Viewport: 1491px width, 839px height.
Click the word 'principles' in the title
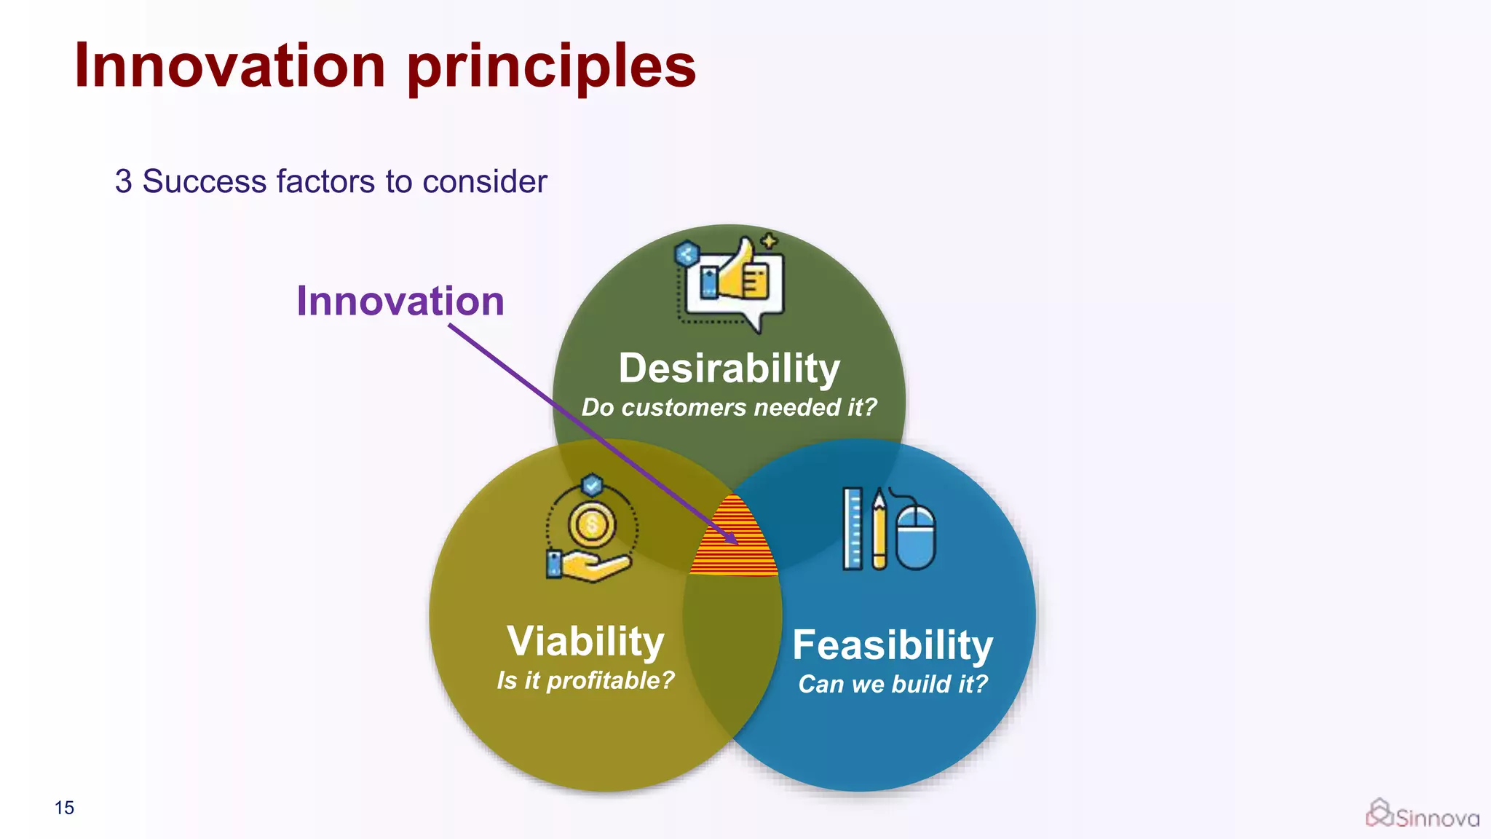coord(551,67)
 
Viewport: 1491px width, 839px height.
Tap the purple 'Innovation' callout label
coord(400,301)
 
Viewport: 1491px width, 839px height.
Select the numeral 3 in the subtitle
coord(124,181)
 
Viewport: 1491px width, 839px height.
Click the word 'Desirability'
coord(729,368)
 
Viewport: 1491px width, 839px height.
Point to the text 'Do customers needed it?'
coord(729,407)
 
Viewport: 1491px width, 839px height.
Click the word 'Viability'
coord(585,641)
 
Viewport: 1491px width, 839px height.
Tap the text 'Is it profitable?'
coord(585,680)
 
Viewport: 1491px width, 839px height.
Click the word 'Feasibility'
coord(893,645)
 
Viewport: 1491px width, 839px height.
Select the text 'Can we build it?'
coord(893,684)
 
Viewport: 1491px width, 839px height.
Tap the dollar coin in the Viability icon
coord(592,524)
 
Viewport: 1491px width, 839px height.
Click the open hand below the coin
coord(593,567)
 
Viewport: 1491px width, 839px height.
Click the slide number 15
coord(64,808)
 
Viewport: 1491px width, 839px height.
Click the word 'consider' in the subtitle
coord(484,181)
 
